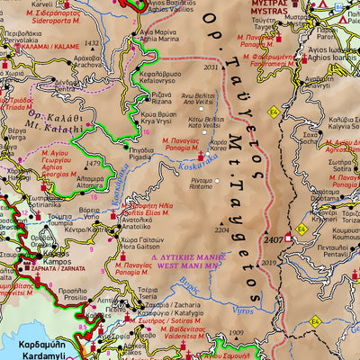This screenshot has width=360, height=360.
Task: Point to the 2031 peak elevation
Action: point(212,67)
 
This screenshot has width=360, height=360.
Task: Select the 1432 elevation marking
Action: point(91,43)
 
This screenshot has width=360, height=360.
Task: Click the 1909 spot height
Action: point(236,334)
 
